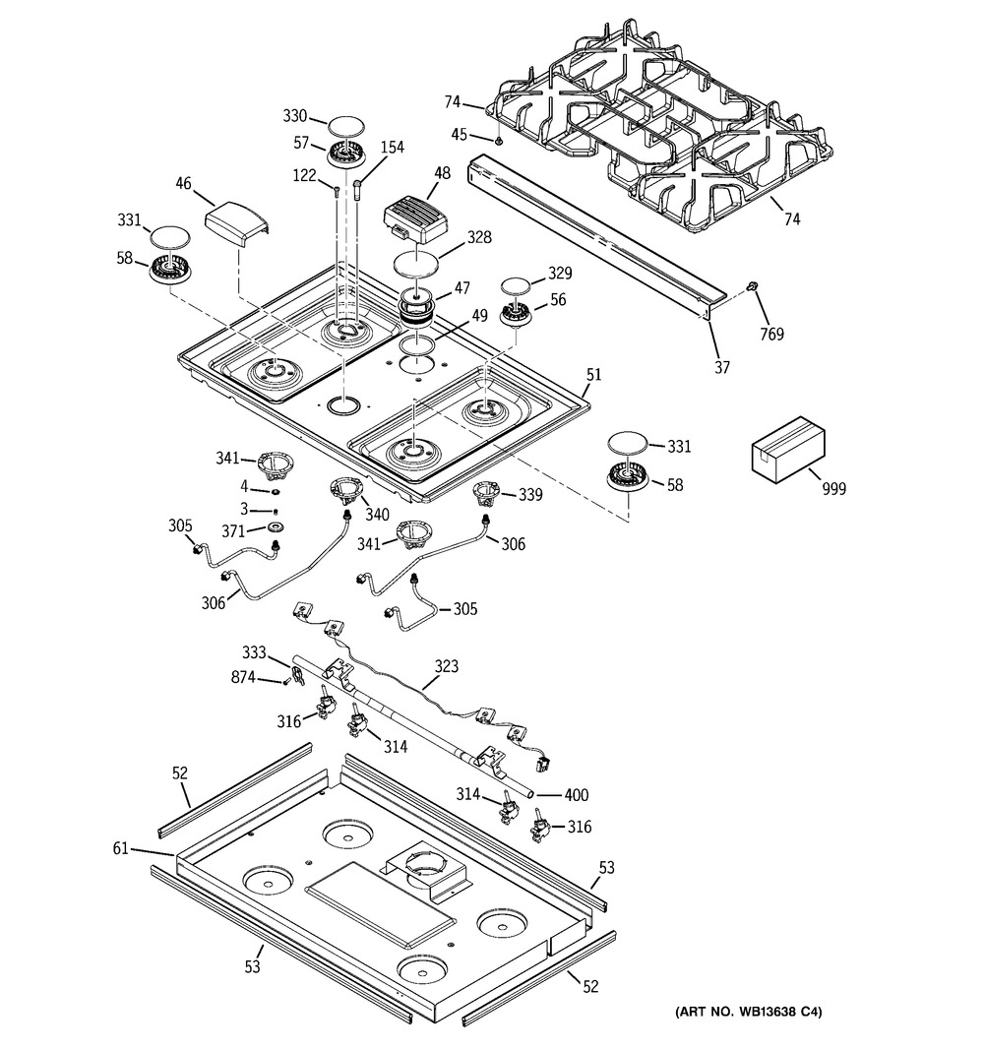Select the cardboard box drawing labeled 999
click(x=789, y=449)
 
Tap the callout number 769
click(x=771, y=335)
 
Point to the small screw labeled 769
click(x=751, y=286)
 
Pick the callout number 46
click(x=183, y=183)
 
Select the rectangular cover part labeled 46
click(x=237, y=222)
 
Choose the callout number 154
click(x=392, y=148)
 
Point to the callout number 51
click(x=593, y=375)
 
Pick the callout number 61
click(x=120, y=848)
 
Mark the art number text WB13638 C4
click(x=748, y=1012)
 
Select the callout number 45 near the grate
click(x=460, y=136)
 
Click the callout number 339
click(x=529, y=494)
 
